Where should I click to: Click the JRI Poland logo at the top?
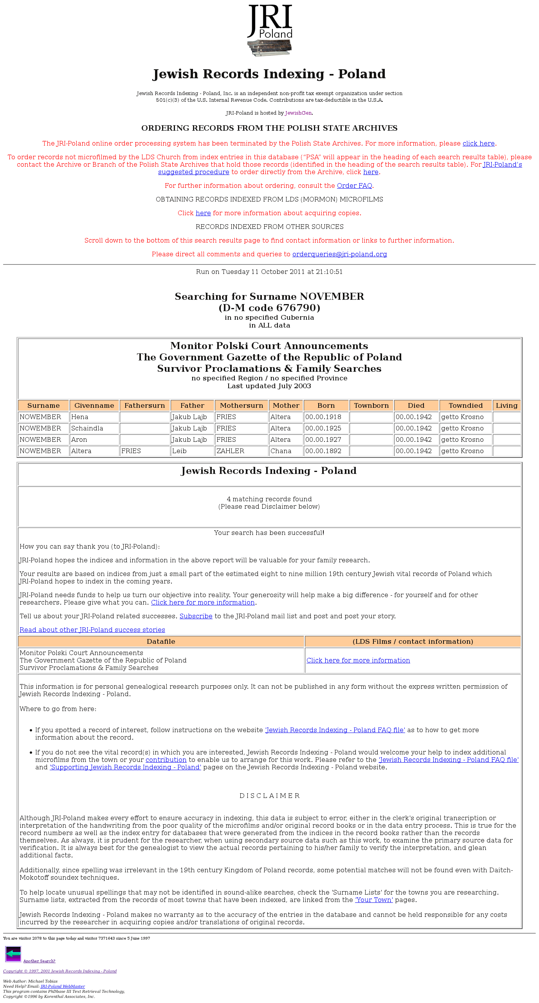point(270,30)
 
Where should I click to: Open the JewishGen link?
point(298,113)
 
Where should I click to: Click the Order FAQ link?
point(354,186)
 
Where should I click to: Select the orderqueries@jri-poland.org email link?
point(339,254)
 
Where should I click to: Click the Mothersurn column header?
point(242,406)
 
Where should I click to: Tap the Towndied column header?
point(465,406)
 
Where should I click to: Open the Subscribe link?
point(196,616)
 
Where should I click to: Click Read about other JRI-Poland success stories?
point(92,630)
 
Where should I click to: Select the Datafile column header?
point(161,642)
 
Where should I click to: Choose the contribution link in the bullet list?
point(166,760)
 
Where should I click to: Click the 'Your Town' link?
point(374,900)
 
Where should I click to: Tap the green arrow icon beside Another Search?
point(13,954)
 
